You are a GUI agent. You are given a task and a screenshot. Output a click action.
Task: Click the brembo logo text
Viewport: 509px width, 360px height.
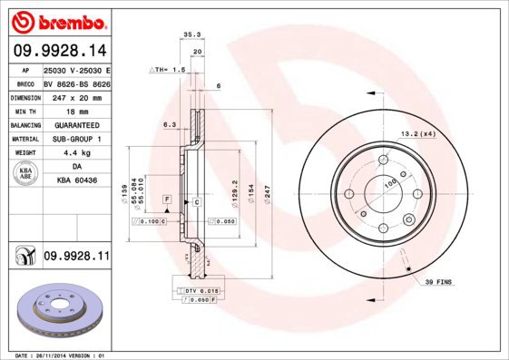[x=58, y=19]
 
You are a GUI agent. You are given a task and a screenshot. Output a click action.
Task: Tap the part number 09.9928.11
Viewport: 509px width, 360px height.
[x=76, y=258]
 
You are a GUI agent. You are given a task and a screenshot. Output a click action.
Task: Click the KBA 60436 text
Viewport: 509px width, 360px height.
[x=76, y=181]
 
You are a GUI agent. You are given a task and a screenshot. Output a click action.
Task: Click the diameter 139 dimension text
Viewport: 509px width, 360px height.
[x=123, y=193]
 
